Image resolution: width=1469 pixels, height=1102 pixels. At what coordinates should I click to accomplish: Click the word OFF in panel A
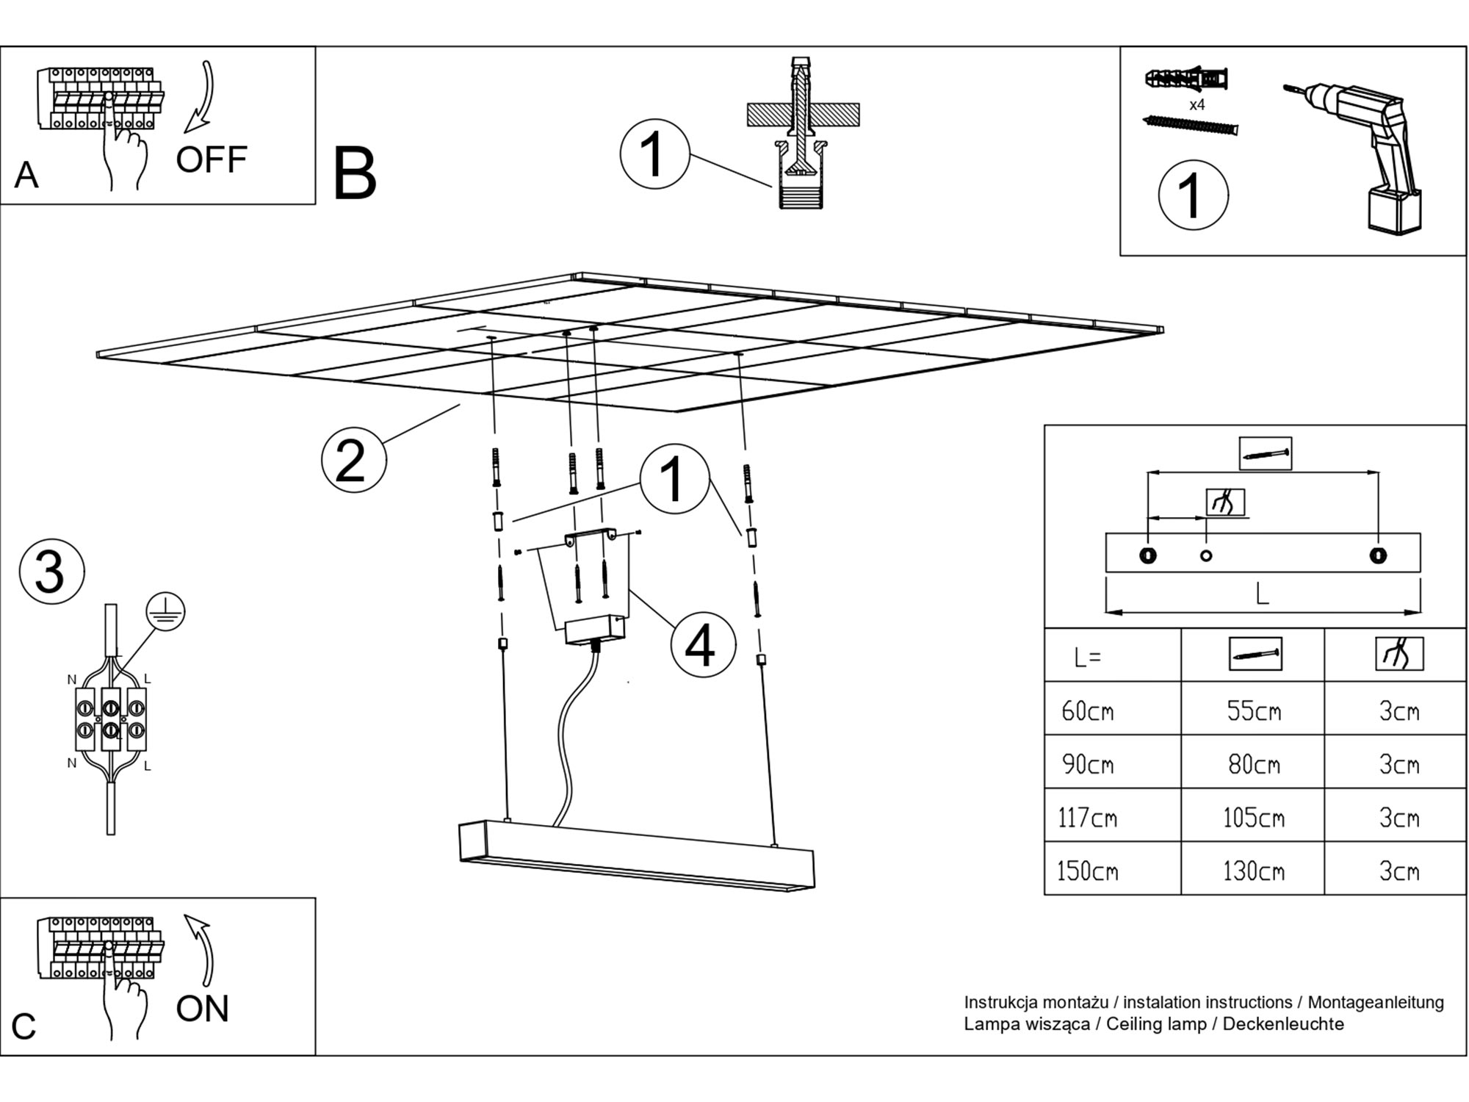[x=211, y=160]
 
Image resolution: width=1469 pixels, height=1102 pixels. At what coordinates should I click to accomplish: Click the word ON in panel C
[x=202, y=1009]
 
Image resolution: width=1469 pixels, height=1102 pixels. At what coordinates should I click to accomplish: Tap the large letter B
[x=355, y=175]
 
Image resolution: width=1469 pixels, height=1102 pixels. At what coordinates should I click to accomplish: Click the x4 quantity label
[x=1197, y=105]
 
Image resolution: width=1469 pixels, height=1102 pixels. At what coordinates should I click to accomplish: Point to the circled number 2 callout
[x=353, y=461]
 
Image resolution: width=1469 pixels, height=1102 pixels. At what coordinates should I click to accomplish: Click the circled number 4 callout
[x=702, y=645]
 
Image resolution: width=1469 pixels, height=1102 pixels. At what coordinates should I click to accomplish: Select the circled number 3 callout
[x=51, y=572]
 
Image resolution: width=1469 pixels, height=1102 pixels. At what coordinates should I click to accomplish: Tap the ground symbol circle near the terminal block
[x=165, y=611]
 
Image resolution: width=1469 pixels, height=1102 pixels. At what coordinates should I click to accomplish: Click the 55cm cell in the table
[x=1253, y=710]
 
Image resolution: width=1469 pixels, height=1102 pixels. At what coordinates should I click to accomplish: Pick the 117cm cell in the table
[x=1087, y=818]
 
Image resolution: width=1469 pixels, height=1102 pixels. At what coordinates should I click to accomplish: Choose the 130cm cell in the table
[x=1253, y=871]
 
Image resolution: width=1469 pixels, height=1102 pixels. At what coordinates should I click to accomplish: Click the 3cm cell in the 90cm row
[x=1398, y=764]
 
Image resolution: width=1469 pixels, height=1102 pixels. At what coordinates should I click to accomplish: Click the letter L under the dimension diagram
[x=1262, y=594]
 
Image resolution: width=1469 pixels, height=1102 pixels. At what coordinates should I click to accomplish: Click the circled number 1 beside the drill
[x=1193, y=195]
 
